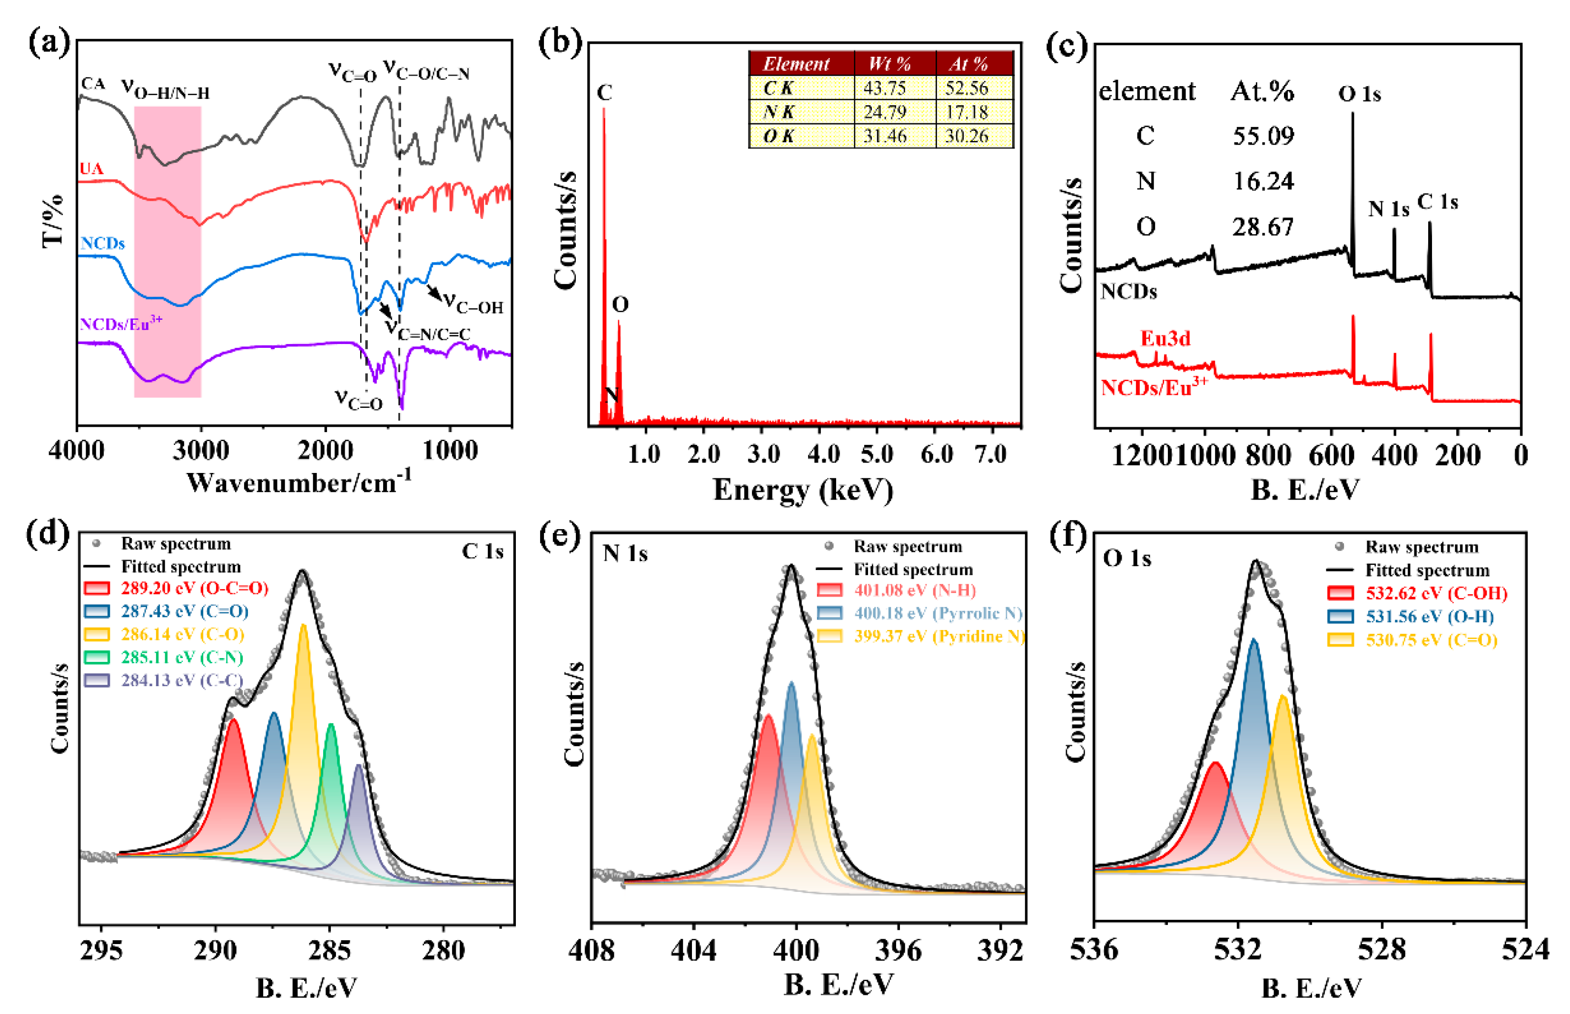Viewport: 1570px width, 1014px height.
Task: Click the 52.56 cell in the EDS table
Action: pyautogui.click(x=966, y=88)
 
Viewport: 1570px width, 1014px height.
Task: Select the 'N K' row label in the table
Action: pyautogui.click(x=779, y=112)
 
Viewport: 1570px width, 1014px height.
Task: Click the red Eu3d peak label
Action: pyautogui.click(x=1165, y=338)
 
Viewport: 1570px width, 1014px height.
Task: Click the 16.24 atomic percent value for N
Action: pyautogui.click(x=1263, y=181)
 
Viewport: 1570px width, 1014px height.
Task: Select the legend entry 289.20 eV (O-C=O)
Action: pyautogui.click(x=194, y=588)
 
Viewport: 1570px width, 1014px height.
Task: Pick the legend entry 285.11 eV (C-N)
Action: pyautogui.click(x=182, y=657)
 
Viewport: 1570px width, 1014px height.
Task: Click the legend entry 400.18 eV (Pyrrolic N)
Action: pyautogui.click(x=938, y=613)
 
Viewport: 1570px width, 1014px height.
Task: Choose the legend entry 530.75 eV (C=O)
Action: pyautogui.click(x=1431, y=640)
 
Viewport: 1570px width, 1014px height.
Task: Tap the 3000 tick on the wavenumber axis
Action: pyautogui.click(x=201, y=452)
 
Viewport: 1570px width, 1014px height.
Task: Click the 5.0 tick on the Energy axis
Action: pyautogui.click(x=877, y=454)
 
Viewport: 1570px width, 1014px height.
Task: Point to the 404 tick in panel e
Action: pyautogui.click(x=693, y=950)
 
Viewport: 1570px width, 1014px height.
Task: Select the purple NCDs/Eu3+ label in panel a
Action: pyautogui.click(x=120, y=324)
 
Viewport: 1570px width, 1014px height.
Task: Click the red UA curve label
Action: pyautogui.click(x=91, y=168)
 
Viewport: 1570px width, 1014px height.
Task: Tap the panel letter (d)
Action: pyautogui.click(x=48, y=533)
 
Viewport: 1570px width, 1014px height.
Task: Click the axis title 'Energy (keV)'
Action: pyautogui.click(x=803, y=490)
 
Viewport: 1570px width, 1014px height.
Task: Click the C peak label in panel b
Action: pyautogui.click(x=604, y=92)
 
